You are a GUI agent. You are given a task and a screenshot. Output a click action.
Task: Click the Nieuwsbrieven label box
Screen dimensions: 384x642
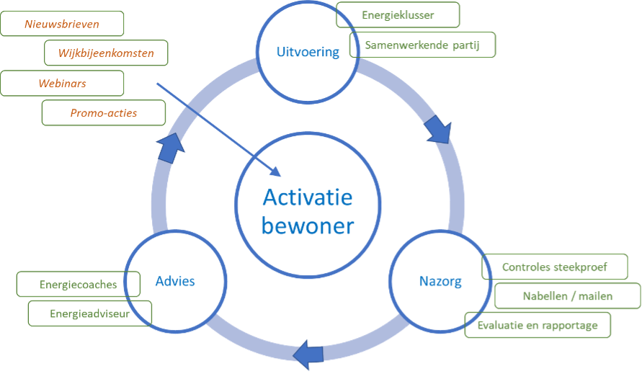62,24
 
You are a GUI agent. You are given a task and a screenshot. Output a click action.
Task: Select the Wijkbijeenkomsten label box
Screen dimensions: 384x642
107,53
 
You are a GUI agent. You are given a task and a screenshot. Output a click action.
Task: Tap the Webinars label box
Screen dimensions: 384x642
62,84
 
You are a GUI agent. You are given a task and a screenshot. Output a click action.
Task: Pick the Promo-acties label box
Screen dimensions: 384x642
104,113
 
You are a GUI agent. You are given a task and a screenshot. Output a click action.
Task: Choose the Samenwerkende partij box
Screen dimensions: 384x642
423,45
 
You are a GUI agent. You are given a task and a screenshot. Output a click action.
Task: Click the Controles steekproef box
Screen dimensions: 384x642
555,267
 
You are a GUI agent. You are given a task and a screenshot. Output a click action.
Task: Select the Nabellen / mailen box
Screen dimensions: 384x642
567,296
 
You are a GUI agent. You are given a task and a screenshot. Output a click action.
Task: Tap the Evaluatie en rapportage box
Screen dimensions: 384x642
538,325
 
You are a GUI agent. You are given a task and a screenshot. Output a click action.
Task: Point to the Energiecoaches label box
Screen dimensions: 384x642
79,285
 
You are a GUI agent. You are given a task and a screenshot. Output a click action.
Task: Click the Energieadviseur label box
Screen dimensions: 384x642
90,313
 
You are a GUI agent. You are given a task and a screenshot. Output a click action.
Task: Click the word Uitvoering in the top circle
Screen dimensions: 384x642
308,52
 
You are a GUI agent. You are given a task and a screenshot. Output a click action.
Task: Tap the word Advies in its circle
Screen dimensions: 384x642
175,281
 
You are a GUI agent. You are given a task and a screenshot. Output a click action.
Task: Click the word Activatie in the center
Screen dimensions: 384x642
308,197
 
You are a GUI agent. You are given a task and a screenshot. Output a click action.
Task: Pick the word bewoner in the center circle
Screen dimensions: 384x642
308,226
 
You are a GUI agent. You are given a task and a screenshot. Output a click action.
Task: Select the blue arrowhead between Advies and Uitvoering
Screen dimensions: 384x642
171,147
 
